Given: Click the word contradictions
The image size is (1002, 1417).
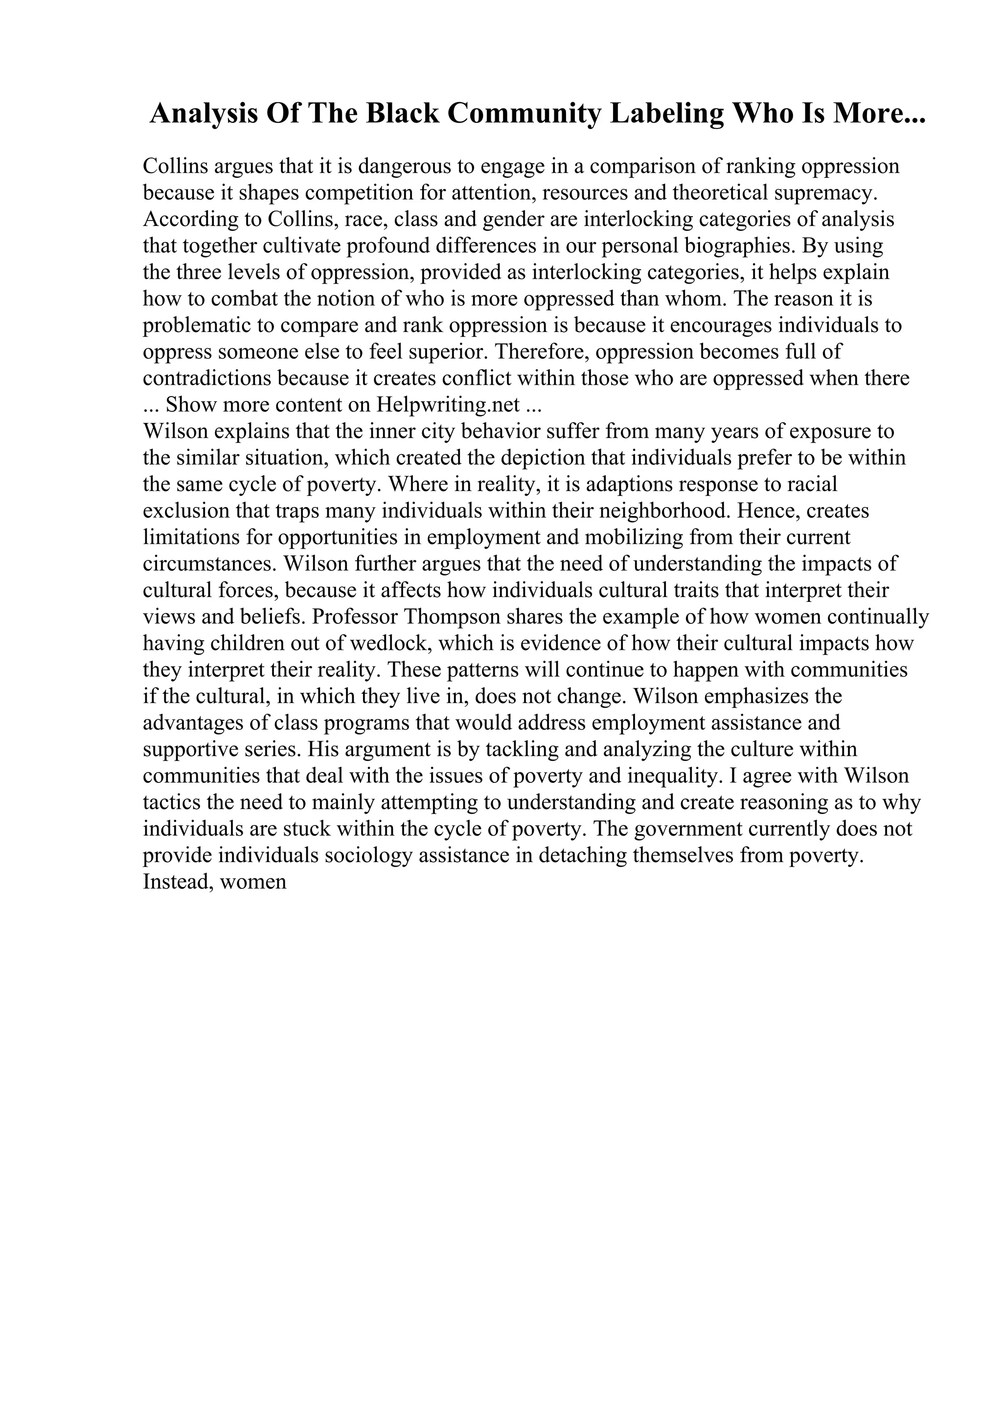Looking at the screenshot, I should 207,378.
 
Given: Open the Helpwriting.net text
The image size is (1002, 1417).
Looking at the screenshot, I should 448,405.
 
